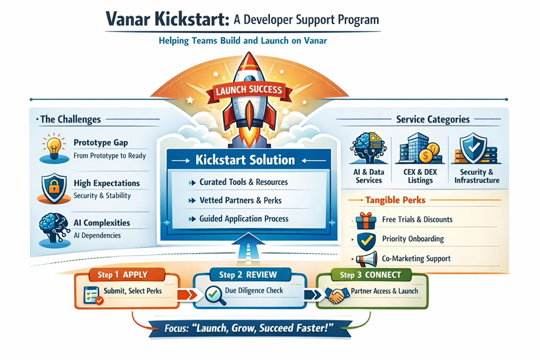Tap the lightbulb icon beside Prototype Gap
[52, 146]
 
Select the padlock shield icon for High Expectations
[52, 188]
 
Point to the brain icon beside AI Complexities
[52, 225]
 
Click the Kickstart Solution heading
[245, 160]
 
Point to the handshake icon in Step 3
[337, 295]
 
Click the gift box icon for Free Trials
[366, 220]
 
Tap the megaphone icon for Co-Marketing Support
[367, 258]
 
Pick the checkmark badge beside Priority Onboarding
[367, 239]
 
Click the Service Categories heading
[432, 119]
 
